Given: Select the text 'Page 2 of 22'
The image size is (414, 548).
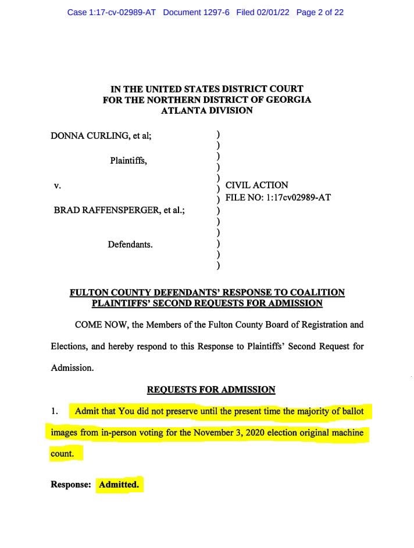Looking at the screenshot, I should (x=320, y=12).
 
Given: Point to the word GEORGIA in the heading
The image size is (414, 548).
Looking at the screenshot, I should (x=285, y=99).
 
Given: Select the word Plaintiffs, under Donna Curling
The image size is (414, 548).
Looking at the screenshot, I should (x=129, y=161).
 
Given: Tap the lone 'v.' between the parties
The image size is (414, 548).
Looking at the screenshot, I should (x=57, y=186).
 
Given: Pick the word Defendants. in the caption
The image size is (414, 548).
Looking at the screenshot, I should (x=130, y=244).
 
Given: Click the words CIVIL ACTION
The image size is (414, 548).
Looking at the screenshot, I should (x=256, y=185).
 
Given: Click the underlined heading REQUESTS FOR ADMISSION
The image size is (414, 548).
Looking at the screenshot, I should (x=211, y=390).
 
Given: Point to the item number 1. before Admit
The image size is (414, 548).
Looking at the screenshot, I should (x=54, y=412).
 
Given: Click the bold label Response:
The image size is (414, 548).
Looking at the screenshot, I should (x=71, y=484).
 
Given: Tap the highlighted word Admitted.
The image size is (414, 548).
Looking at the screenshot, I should (x=119, y=484).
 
